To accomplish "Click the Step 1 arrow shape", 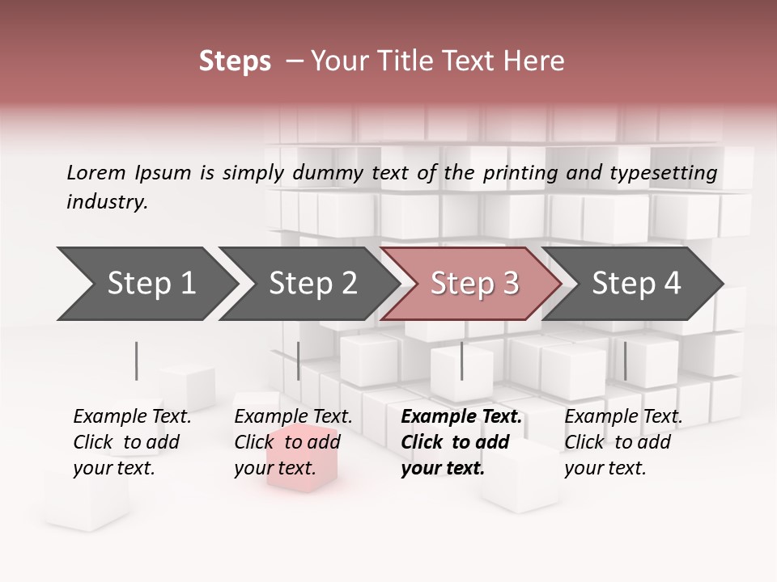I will click(146, 284).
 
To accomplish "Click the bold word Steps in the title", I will click(235, 61).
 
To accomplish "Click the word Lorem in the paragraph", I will click(96, 172).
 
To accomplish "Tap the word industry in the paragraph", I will click(106, 202).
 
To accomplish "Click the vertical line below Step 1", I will click(137, 361).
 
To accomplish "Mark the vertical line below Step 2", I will click(299, 361).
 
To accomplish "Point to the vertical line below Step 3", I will click(462, 361).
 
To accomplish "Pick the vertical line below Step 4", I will click(625, 361).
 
